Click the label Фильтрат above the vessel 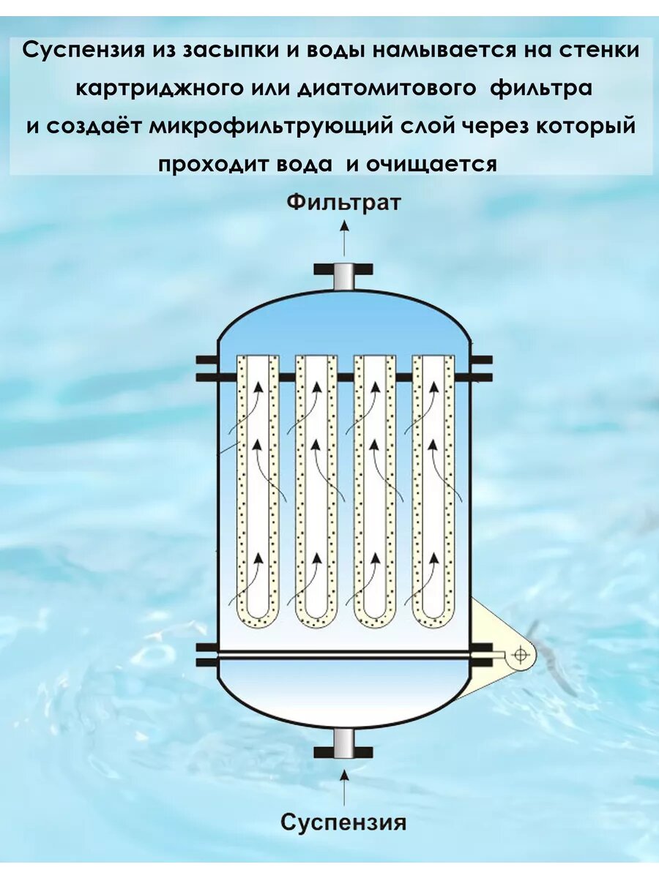tap(343, 202)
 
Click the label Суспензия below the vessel tap(343, 822)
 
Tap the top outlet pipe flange tap(343, 270)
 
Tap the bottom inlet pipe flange tap(343, 751)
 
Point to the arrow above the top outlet tap(343, 237)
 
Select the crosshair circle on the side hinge tap(520, 655)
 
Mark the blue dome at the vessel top tap(343, 322)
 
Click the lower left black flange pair tap(206, 655)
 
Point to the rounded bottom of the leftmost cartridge tap(258, 618)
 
